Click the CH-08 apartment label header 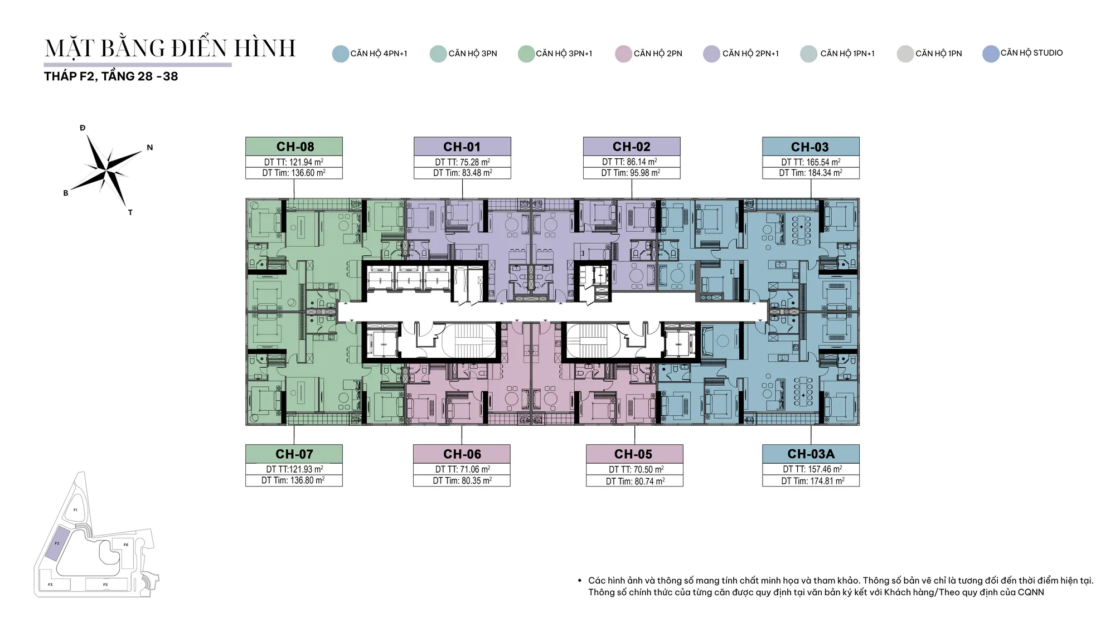(294, 147)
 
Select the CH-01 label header (462, 147)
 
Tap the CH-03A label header (811, 454)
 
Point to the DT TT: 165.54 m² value (811, 162)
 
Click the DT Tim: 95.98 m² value (631, 173)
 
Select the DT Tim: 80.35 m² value (462, 480)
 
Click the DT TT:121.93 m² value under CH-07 (294, 469)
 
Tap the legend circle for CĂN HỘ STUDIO (991, 54)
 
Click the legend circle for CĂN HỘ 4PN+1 (341, 54)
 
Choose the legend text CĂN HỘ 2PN (658, 54)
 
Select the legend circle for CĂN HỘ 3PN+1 (526, 54)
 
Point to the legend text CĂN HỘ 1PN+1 (847, 54)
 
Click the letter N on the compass (150, 148)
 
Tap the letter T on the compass (130, 212)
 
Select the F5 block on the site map (106, 585)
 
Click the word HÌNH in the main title (265, 48)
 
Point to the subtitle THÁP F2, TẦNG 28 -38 (111, 76)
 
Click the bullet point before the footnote (580, 580)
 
